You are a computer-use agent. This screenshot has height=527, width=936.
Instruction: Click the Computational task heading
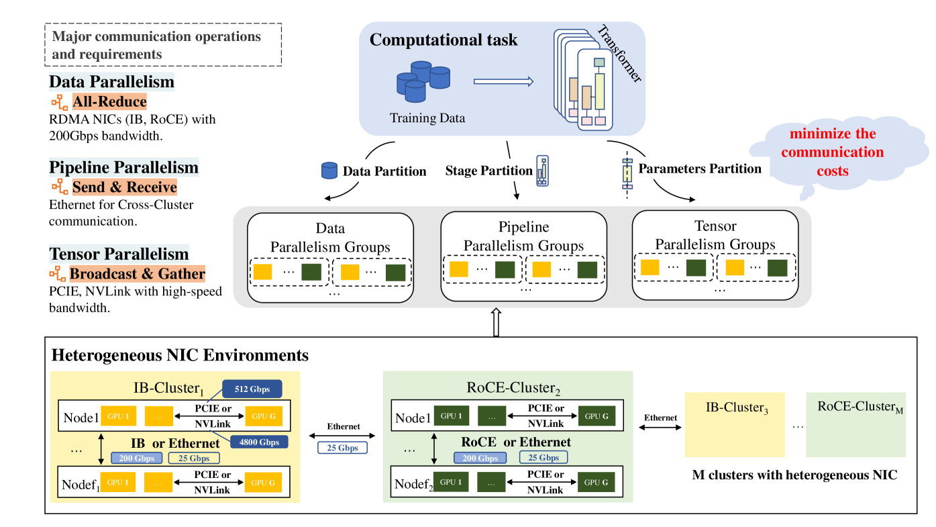(x=444, y=40)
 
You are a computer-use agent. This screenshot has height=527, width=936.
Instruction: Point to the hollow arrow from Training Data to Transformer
(x=503, y=82)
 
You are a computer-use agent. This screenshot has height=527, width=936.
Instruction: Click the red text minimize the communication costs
(x=832, y=152)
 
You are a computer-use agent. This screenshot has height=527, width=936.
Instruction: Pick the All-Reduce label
(x=109, y=102)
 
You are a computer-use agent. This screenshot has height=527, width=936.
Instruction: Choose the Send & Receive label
(x=124, y=187)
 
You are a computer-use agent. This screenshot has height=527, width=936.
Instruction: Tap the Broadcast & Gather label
(x=137, y=274)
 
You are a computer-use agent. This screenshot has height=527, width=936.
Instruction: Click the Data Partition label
(x=384, y=171)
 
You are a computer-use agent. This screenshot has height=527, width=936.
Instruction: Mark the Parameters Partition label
(x=700, y=169)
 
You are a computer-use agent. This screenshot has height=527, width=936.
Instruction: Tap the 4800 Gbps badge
(x=259, y=442)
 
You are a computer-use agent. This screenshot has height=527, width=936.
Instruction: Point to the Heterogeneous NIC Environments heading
(x=180, y=355)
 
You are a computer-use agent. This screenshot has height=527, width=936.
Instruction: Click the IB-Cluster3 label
(x=736, y=408)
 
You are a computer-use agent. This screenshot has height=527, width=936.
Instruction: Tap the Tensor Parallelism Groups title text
(x=715, y=236)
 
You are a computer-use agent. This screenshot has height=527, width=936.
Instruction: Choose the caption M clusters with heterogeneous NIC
(x=794, y=475)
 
